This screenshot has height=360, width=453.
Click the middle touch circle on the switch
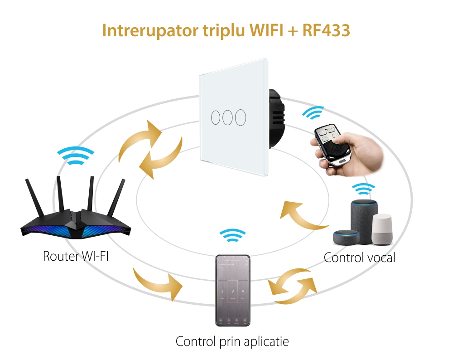pyautogui.click(x=228, y=117)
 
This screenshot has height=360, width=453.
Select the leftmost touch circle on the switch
pyautogui.click(x=215, y=117)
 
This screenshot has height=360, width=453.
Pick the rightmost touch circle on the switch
pyautogui.click(x=241, y=117)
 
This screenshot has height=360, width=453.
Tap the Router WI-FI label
pyautogui.click(x=76, y=256)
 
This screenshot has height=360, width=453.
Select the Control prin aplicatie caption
pyautogui.click(x=232, y=341)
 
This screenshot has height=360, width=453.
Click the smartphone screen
pyautogui.click(x=232, y=290)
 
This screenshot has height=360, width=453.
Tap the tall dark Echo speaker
pyautogui.click(x=363, y=218)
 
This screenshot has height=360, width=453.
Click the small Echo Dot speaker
pyautogui.click(x=346, y=237)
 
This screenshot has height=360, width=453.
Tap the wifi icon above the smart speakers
pyautogui.click(x=364, y=189)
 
